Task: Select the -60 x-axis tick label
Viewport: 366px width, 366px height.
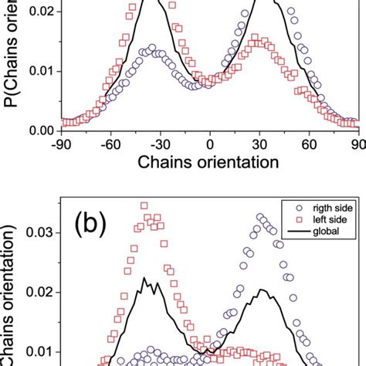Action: (x=109, y=144)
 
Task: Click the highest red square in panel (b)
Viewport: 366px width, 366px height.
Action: (x=144, y=205)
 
